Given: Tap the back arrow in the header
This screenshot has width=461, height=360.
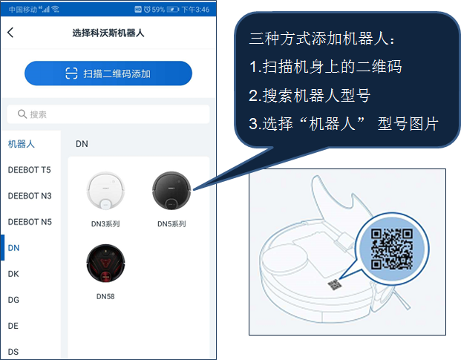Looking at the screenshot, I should click(x=10, y=33).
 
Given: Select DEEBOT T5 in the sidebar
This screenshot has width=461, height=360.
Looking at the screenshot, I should click(x=29, y=170).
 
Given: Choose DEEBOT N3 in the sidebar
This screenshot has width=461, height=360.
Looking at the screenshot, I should click(x=29, y=196).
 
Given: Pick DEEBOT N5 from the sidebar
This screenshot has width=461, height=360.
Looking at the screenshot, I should click(x=29, y=222).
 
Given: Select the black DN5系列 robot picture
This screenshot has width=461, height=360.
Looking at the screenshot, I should click(x=171, y=191).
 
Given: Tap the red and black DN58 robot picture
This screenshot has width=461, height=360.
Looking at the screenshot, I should click(x=105, y=264).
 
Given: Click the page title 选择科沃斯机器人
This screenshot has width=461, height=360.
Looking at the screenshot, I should click(x=108, y=33).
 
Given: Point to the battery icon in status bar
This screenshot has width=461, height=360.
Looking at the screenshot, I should click(x=173, y=9).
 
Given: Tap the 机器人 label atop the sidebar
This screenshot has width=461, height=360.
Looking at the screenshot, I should click(x=22, y=143).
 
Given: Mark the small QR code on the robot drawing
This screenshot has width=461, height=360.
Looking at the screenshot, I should click(x=336, y=284).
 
